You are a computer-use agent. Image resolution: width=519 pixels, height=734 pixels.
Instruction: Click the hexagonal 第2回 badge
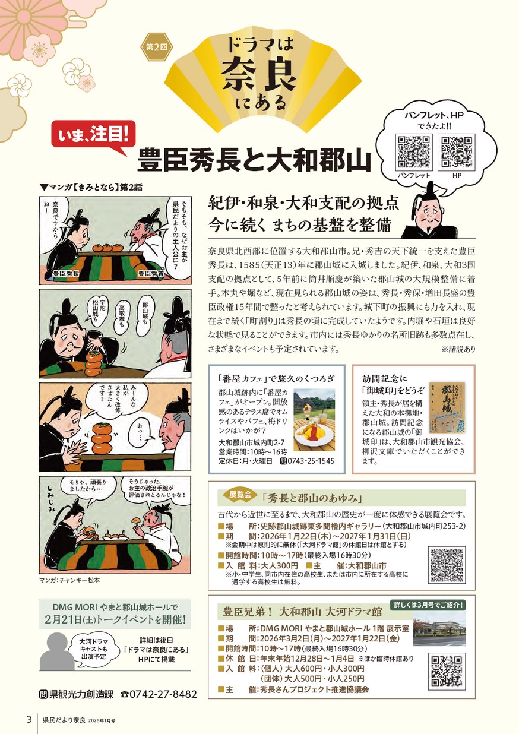click(x=156, y=47)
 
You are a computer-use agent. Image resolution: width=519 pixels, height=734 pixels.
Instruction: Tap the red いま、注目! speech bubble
click(x=93, y=137)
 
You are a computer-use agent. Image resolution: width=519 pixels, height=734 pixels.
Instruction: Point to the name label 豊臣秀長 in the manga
click(x=66, y=273)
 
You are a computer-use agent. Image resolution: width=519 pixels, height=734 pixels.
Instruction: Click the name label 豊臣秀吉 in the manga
click(x=150, y=273)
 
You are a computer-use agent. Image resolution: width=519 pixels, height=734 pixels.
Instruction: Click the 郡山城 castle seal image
click(x=447, y=407)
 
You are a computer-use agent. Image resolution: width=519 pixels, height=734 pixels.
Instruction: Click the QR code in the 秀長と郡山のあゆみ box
click(x=447, y=565)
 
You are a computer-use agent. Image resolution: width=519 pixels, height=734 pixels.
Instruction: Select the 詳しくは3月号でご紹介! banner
click(x=428, y=605)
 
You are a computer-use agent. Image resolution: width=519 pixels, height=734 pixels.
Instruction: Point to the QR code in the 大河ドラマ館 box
click(x=447, y=672)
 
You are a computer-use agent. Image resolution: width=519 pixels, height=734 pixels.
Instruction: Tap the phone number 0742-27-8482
click(x=163, y=694)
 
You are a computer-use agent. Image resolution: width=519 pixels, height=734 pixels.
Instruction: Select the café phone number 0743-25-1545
click(x=311, y=461)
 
